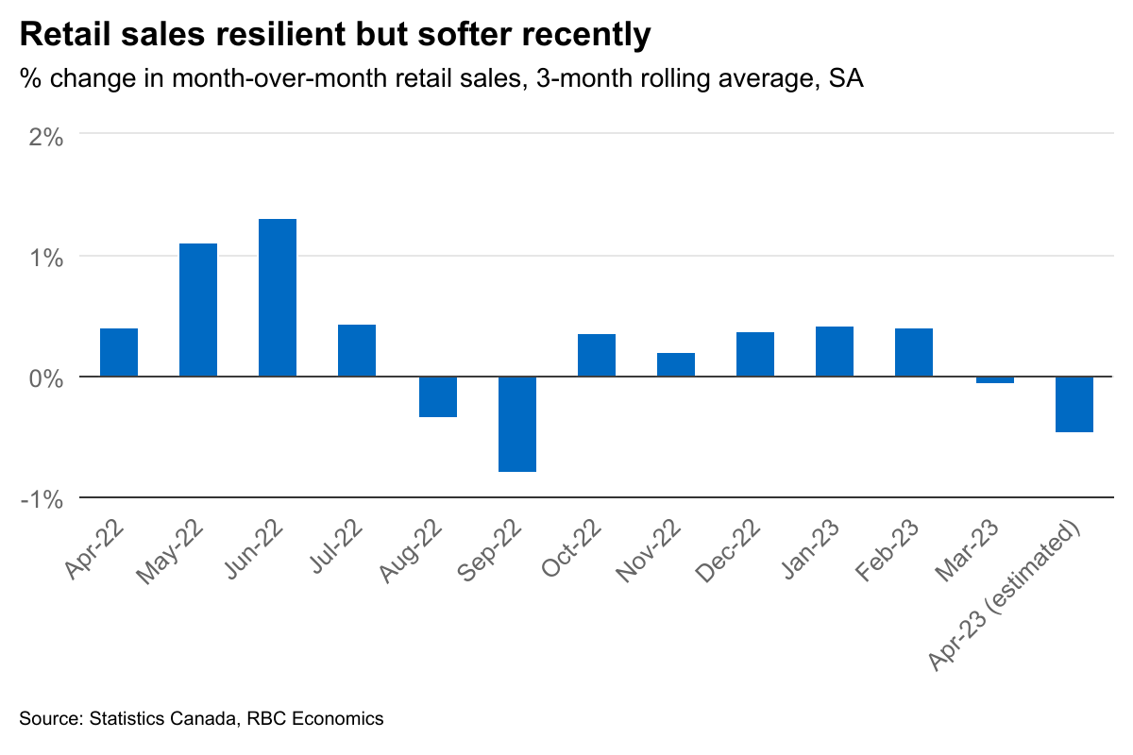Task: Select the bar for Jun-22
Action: (278, 297)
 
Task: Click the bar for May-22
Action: (198, 310)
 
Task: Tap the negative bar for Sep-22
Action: (517, 424)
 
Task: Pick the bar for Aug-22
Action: (438, 396)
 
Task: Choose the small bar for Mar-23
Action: (995, 380)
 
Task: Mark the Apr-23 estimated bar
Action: (1074, 404)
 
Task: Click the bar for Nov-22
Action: (676, 364)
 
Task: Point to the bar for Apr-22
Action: (119, 352)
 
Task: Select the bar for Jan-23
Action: (835, 351)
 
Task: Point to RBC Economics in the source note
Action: (315, 719)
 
